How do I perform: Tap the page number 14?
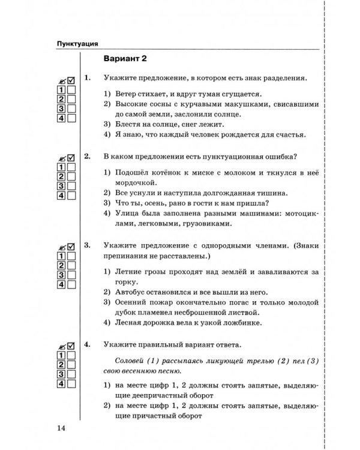tap(60, 427)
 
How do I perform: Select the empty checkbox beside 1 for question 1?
tap(71, 89)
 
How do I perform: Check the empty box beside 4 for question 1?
tap(71, 119)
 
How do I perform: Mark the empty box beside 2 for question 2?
tap(71, 176)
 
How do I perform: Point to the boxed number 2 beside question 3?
tap(61, 265)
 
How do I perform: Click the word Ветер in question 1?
tap(125, 94)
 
